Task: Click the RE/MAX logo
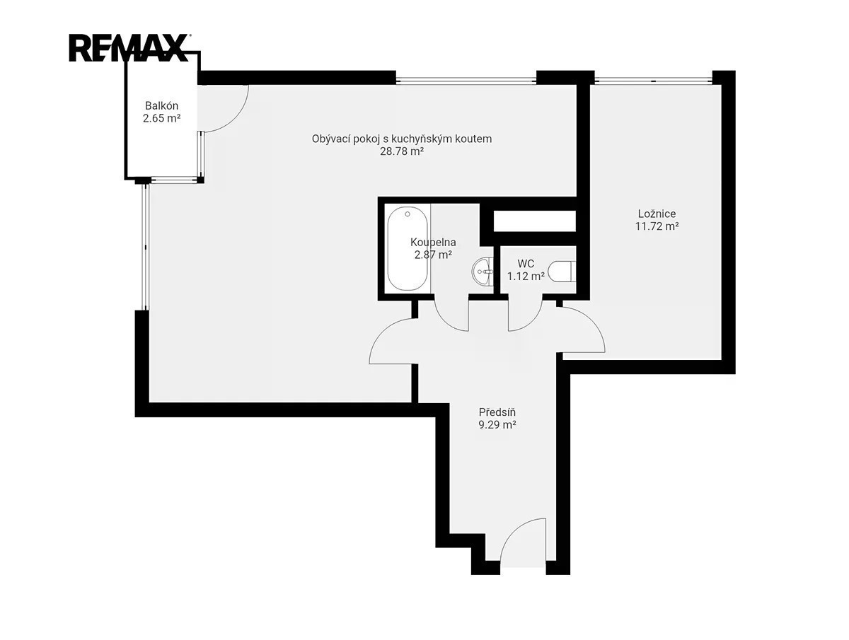coord(129,48)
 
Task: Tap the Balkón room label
coord(162,105)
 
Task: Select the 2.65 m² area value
coord(162,118)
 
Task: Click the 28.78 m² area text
coord(402,151)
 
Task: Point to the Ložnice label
coord(657,214)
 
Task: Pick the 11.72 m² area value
coord(657,226)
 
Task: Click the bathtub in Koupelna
coord(408,248)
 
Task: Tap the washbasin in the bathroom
coord(483,272)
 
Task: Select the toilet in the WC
coord(562,272)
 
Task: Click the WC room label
coord(526,264)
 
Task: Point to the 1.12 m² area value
coord(526,277)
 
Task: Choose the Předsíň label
coord(497,412)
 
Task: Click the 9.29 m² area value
coord(497,425)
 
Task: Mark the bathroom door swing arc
coord(445,322)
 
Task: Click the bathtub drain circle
coord(408,214)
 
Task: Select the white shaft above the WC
coord(535,221)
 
